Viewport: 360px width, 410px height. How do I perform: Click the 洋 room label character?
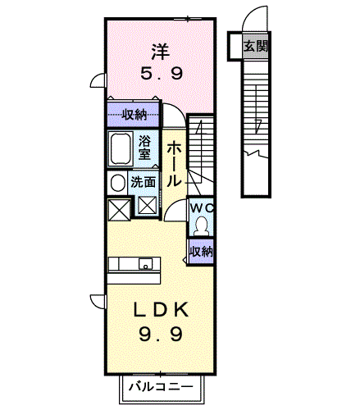click(161, 52)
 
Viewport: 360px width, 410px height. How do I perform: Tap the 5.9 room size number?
click(162, 73)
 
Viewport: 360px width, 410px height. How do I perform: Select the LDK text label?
click(161, 309)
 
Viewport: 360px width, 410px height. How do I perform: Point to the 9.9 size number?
click(161, 335)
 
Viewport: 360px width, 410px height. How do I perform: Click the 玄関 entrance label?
click(256, 46)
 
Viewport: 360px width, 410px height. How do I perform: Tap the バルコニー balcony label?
click(161, 387)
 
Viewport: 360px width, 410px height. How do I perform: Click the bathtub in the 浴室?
click(121, 148)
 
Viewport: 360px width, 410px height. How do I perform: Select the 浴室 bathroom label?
click(144, 148)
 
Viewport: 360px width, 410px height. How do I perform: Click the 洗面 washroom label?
click(143, 182)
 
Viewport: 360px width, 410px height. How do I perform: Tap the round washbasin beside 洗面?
click(117, 183)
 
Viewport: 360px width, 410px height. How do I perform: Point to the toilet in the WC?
click(202, 225)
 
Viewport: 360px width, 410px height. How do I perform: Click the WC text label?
click(202, 208)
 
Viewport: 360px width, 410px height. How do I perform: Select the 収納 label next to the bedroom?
click(134, 114)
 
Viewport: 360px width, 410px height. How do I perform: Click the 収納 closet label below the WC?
click(202, 251)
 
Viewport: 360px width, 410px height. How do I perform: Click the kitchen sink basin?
click(145, 264)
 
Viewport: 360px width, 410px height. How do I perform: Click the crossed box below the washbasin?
click(119, 210)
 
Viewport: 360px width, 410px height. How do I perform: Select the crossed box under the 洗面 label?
click(147, 206)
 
